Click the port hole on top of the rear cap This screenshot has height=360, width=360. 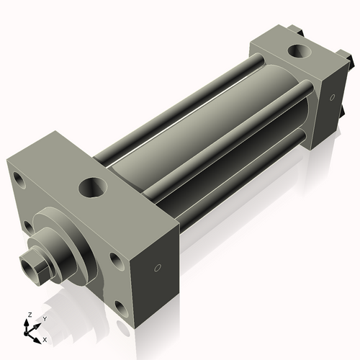(x=296, y=52)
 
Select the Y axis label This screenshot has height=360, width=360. (x=44, y=318)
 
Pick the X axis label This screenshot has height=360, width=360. (x=45, y=338)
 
